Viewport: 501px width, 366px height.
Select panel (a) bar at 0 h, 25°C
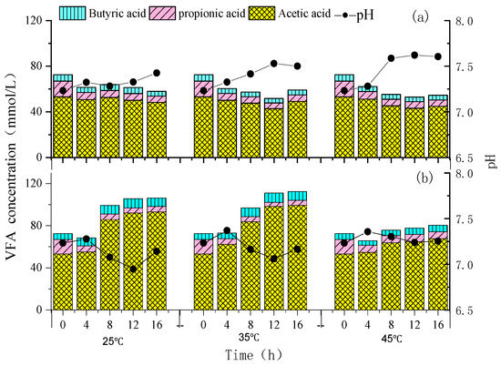click(x=63, y=116)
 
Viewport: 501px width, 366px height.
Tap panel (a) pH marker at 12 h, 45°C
click(x=414, y=55)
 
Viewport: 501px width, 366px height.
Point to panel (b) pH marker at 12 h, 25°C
click(x=133, y=269)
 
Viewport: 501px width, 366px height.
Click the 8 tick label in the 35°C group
click(x=250, y=324)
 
